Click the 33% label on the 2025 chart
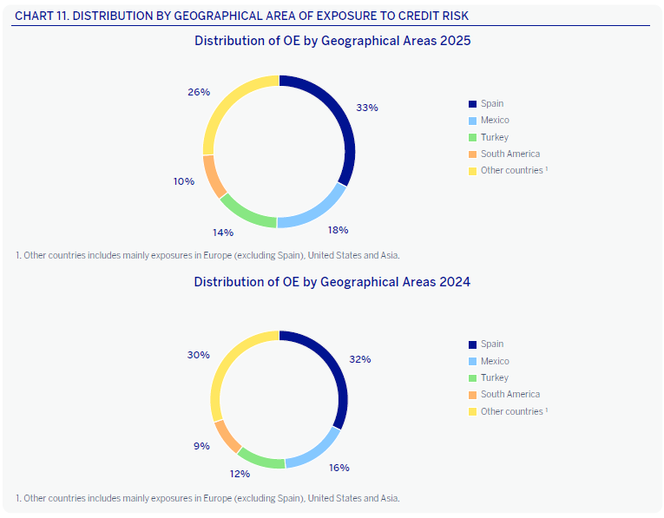367,108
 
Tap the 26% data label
199,92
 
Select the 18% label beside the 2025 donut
338,230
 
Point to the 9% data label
201,446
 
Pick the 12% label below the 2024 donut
240,474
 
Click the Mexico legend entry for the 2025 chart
495,121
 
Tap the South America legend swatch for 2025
473,154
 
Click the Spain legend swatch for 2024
473,344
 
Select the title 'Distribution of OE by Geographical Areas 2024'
332,282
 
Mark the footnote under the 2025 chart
207,255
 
